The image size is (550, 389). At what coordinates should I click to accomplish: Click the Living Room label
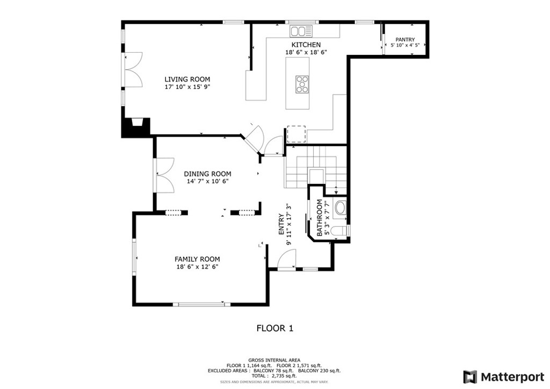coord(187,80)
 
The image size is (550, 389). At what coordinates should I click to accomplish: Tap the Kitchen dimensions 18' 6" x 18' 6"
coord(306,52)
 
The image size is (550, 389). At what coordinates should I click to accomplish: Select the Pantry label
coord(405,40)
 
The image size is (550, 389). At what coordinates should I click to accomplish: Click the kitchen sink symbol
coord(301,31)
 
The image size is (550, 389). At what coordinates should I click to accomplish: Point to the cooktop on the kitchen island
coord(302,84)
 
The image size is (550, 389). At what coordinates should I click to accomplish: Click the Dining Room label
coord(208,174)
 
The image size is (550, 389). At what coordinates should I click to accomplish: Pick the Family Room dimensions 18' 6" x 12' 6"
coord(198,267)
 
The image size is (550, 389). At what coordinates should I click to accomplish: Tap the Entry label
coord(281,225)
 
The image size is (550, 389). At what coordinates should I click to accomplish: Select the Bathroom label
coord(320,218)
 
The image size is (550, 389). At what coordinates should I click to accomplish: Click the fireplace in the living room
coord(136,127)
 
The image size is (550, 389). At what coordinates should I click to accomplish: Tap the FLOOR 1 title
coord(275,328)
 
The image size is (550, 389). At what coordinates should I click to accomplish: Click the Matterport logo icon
coord(470,377)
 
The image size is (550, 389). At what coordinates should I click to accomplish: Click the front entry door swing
coord(287,259)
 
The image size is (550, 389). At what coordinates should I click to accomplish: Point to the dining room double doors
coord(164,175)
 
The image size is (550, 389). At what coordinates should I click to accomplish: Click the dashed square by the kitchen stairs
coord(296,134)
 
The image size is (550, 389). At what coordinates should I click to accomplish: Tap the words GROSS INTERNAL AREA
coord(274,360)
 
